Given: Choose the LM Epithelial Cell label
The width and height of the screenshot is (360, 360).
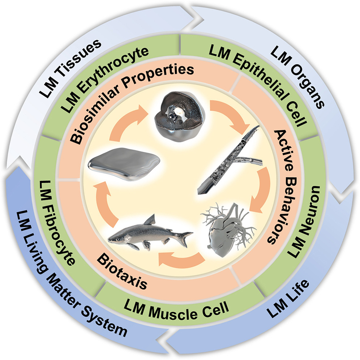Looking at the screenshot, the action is [259, 85].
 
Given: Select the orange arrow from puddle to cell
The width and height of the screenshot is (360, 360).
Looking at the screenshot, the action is [126, 122].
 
